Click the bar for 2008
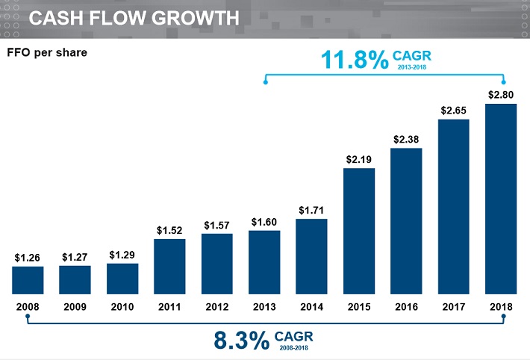click(x=28, y=280)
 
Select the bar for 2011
click(x=169, y=267)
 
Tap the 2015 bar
click(x=359, y=231)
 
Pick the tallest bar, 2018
click(x=501, y=199)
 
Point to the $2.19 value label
click(x=359, y=159)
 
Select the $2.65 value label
click(x=454, y=111)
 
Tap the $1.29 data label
click(x=122, y=255)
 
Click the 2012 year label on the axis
click(x=216, y=307)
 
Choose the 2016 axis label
click(x=406, y=307)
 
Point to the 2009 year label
click(x=75, y=307)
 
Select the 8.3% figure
click(x=241, y=341)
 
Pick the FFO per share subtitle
click(x=47, y=53)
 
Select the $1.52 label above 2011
click(x=169, y=231)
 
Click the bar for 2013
click(x=264, y=262)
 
